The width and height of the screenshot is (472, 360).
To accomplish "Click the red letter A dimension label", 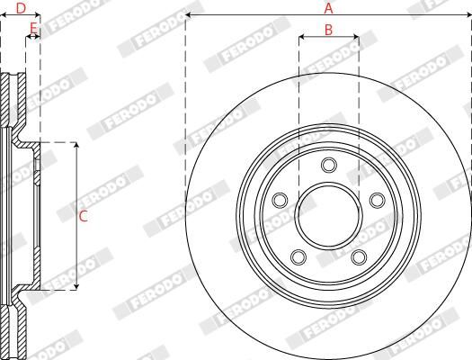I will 328,8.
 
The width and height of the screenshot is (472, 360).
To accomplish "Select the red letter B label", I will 328,30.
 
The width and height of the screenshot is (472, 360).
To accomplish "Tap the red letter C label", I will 84,216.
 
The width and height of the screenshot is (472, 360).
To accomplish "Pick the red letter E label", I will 32,29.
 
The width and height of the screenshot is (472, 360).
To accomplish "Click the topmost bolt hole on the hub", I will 328,164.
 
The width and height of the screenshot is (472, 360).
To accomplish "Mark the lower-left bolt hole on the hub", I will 298,256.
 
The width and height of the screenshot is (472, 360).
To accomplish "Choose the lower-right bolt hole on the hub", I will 359,256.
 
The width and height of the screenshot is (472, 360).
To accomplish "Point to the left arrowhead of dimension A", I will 189,16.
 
